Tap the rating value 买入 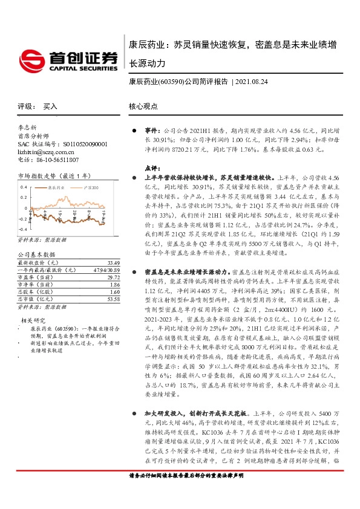(x=51, y=106)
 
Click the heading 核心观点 (x=143, y=106)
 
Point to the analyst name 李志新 (x=28, y=128)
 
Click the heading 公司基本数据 (x=36, y=255)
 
